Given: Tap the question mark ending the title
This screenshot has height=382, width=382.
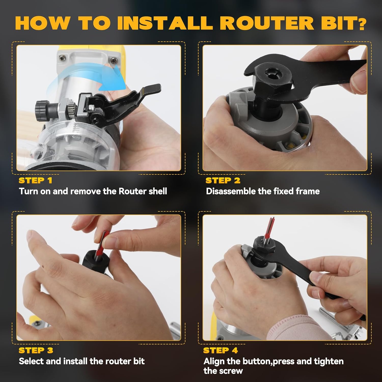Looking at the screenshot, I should [x=360, y=23].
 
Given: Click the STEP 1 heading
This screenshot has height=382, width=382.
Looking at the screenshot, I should [x=35, y=180].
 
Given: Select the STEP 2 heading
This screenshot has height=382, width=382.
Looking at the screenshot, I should [x=223, y=180].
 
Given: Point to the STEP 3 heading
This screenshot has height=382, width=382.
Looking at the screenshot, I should [x=36, y=350].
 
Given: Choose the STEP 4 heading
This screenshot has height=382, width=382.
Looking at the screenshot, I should [x=221, y=350].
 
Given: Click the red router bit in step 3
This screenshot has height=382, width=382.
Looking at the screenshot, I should [x=101, y=244].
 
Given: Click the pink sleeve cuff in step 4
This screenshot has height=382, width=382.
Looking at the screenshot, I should [x=293, y=327].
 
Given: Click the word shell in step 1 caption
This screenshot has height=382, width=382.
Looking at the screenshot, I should [x=158, y=191].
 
